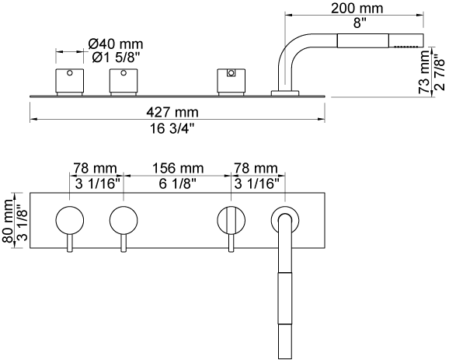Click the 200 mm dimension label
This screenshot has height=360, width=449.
tap(357, 9)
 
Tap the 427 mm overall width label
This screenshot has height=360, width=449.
tap(172, 112)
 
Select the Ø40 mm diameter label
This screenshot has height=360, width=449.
tap(116, 44)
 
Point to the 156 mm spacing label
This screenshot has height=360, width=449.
tap(178, 169)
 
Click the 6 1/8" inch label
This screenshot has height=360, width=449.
tap(178, 183)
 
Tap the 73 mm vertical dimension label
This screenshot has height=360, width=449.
tap(424, 72)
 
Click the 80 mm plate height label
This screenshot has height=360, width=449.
tap(8, 220)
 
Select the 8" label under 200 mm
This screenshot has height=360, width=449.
tap(357, 23)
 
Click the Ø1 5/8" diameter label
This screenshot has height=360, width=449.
tap(116, 58)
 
